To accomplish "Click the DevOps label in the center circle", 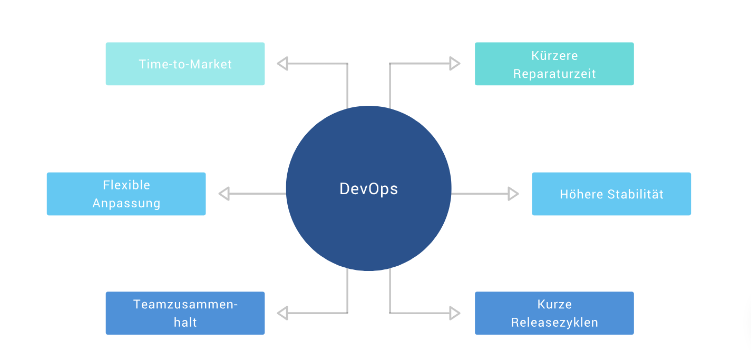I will (x=368, y=189).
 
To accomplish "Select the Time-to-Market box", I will (x=185, y=64).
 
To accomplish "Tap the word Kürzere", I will (x=554, y=56).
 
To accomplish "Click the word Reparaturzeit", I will (x=554, y=74).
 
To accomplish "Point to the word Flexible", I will (x=126, y=185).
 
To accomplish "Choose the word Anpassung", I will (x=126, y=203).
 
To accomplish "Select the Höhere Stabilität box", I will (x=611, y=194).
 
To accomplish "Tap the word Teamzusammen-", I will (x=186, y=305).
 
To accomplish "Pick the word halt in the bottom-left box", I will (x=186, y=323).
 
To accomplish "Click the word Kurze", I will (x=554, y=305).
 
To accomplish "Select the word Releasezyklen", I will (x=554, y=323).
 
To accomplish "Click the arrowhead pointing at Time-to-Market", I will (x=282, y=64).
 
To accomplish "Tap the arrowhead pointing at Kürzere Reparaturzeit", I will (x=455, y=64).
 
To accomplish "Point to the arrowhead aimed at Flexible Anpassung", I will (x=224, y=194).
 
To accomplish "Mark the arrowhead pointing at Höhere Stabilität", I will (x=513, y=194).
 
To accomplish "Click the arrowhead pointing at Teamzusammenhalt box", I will (x=282, y=313).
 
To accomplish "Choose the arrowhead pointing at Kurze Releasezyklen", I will (x=455, y=313).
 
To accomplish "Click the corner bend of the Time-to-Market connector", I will (x=347, y=64).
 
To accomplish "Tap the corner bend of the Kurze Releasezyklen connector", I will (x=390, y=313).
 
